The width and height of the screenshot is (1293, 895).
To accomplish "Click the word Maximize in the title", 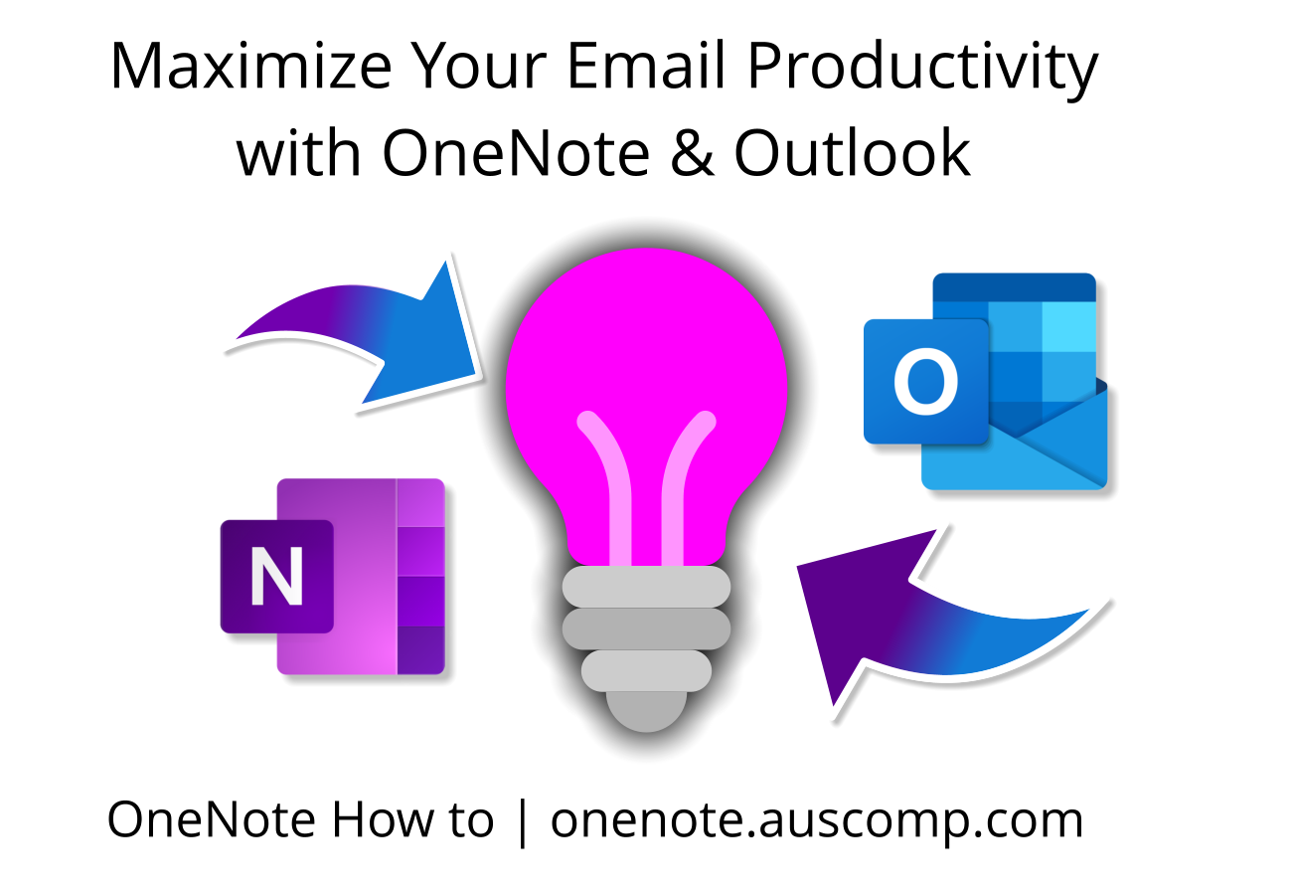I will coord(249,68).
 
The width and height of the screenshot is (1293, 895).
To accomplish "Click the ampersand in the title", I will coord(691,153).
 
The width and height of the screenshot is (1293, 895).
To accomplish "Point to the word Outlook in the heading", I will coord(852,153).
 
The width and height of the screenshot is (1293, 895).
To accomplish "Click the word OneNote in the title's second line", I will coord(516,153).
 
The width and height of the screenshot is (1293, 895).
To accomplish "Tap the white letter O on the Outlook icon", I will coord(925,382).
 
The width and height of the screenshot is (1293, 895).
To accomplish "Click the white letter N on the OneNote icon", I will coord(276,577).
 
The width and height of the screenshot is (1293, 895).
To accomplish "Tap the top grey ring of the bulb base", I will coord(646,587).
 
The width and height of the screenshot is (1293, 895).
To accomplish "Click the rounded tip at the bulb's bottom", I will coord(646,712).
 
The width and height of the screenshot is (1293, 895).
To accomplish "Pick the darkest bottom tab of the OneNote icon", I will coord(420,650).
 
